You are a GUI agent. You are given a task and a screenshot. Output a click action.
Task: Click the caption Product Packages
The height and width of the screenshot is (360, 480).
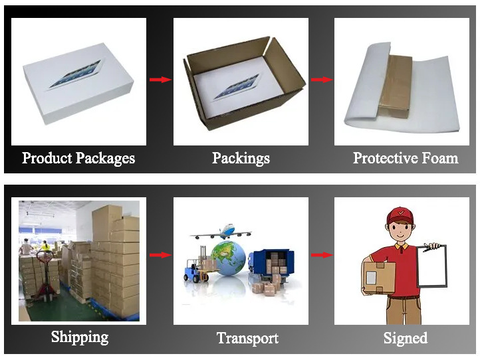pyautogui.click(x=78, y=158)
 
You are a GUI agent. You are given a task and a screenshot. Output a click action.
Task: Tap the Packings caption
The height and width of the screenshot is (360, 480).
pyautogui.click(x=241, y=158)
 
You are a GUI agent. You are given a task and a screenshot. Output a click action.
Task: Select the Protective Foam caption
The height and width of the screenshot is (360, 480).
pyautogui.click(x=405, y=158)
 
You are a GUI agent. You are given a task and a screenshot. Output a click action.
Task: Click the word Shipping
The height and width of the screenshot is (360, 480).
pyautogui.click(x=80, y=337)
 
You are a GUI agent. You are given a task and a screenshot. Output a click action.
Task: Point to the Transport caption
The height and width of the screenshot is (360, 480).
pyautogui.click(x=247, y=338)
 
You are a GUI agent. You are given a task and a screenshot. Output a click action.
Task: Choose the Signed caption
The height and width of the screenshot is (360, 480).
pyautogui.click(x=405, y=338)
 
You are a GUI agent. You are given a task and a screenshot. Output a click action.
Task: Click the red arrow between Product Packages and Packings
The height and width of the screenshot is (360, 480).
pyautogui.click(x=160, y=80)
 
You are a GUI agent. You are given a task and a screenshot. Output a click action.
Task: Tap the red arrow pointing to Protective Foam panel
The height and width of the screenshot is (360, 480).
pyautogui.click(x=321, y=80)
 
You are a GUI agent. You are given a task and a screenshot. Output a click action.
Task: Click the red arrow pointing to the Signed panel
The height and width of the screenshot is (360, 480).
pyautogui.click(x=321, y=254)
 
